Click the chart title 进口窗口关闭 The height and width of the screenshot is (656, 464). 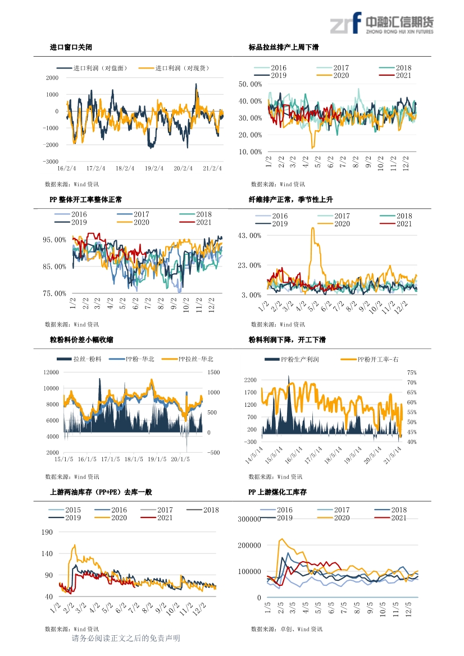tap(71, 47)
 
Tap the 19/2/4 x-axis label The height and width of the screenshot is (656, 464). tap(154, 168)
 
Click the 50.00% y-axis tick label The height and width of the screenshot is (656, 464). tap(250, 84)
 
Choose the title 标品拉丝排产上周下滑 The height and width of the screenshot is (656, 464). tap(284, 47)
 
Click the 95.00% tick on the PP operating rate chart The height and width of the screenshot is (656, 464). tap(54, 240)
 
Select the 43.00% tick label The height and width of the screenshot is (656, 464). tap(249, 236)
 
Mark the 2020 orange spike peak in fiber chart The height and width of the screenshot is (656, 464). tap(312, 228)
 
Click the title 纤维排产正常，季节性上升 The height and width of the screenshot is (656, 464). tap(290, 200)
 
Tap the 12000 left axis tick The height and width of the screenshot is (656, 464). tap(51, 373)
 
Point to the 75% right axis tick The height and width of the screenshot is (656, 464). tap(412, 373)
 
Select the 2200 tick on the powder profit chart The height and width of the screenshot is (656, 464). tap(251, 380)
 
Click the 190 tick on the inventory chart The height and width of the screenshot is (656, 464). tap(47, 532)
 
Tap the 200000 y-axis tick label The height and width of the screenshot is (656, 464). tap(249, 545)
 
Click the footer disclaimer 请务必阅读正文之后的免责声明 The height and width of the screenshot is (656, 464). tap(126, 638)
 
